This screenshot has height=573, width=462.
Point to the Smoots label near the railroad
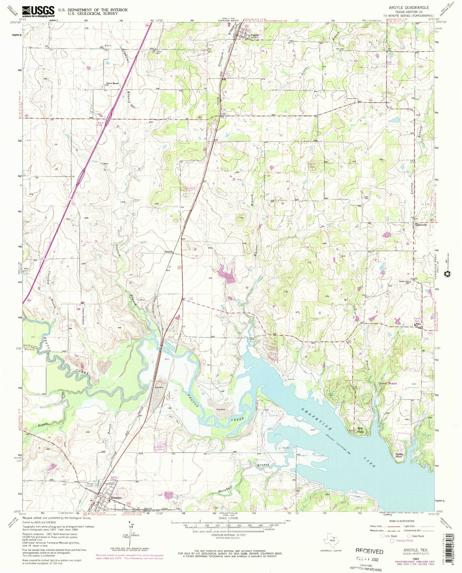click(x=169, y=251)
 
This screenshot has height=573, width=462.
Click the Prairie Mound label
click(x=113, y=84)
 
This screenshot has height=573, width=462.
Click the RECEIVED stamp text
click(x=369, y=551)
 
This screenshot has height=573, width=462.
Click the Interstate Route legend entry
click(x=404, y=541)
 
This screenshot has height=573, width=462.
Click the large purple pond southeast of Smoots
click(x=228, y=275)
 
